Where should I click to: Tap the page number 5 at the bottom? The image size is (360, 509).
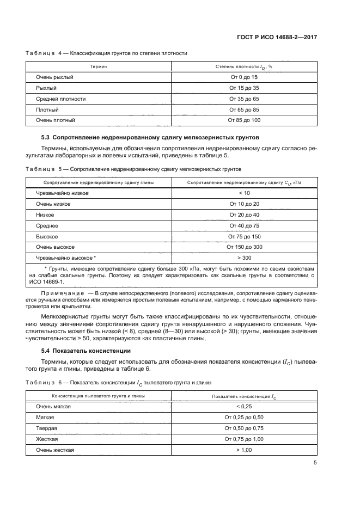click(x=315, y=463)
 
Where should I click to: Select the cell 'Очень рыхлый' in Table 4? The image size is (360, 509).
click(x=54, y=77)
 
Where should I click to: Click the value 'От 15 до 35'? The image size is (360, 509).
click(x=244, y=88)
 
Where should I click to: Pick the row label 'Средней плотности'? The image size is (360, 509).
click(x=60, y=99)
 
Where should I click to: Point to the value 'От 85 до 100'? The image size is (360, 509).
click(x=244, y=120)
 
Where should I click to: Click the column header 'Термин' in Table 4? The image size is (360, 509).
click(x=99, y=66)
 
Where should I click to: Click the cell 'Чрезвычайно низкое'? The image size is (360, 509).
click(x=62, y=193)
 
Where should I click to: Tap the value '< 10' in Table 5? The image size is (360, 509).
click(x=244, y=193)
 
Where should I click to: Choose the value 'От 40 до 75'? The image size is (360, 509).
click(x=244, y=225)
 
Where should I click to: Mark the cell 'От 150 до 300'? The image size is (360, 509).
click(x=244, y=247)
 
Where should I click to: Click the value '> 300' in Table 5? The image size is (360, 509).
click(x=244, y=257)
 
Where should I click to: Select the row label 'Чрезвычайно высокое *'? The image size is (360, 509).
click(x=66, y=257)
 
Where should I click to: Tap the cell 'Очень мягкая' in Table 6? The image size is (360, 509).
click(x=53, y=406)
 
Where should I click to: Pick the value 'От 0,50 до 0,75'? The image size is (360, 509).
click(x=244, y=428)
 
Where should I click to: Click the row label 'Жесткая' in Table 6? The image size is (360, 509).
click(x=47, y=439)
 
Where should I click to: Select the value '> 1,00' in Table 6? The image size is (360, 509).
click(x=244, y=450)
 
